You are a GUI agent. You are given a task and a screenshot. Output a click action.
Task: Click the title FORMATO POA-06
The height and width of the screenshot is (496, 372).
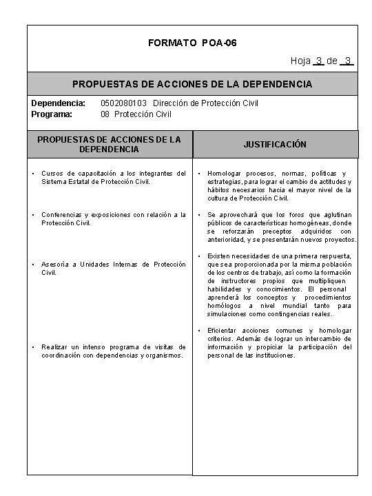coord(192,43)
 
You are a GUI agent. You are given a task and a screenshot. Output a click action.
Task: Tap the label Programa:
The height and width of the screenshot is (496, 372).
coord(52,114)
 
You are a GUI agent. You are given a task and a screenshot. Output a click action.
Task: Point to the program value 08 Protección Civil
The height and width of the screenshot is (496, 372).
coord(136,114)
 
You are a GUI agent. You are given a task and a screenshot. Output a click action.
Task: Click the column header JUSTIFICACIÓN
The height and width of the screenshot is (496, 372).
coord(275,145)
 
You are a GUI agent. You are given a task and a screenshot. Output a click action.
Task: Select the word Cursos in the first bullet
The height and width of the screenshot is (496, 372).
coord(53,173)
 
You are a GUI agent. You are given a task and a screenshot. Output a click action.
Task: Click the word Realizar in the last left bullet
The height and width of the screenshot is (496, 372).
coord(56,347)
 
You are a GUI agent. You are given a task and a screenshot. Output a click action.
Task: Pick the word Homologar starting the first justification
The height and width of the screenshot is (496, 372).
coord(227,173)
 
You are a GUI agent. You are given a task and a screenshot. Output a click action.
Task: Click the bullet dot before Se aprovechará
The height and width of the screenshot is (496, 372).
coord(199,215)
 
